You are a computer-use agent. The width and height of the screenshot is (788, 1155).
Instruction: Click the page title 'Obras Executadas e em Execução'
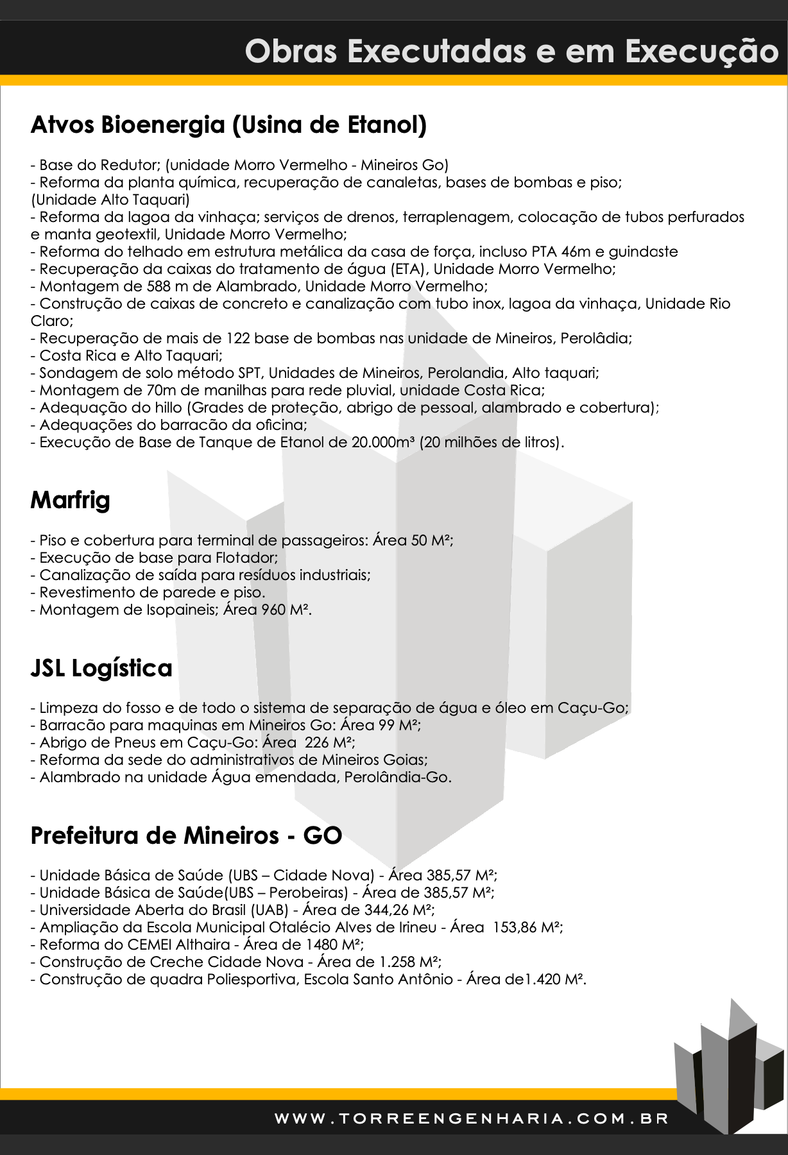pyautogui.click(x=511, y=51)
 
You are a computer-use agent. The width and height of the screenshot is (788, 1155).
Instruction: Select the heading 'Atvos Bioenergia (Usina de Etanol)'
pyautogui.click(x=228, y=124)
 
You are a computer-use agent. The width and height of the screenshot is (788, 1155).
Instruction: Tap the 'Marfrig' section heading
pyautogui.click(x=71, y=500)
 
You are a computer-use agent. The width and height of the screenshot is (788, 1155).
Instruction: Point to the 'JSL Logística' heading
pyautogui.click(x=101, y=668)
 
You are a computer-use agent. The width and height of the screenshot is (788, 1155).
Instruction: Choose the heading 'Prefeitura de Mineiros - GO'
pyautogui.click(x=186, y=835)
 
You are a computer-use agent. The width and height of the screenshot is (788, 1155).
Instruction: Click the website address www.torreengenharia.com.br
pyautogui.click(x=472, y=1118)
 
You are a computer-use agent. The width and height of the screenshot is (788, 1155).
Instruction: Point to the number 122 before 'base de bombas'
pyautogui.click(x=238, y=338)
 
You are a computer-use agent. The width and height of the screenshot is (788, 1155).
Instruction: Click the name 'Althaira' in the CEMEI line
pyautogui.click(x=203, y=945)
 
